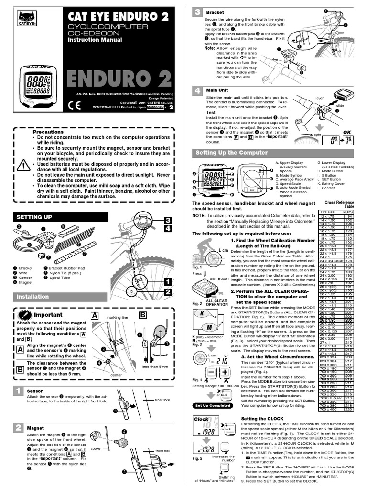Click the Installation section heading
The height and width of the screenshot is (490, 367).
click(x=33, y=297)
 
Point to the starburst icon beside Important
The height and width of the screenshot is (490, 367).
click(x=25, y=315)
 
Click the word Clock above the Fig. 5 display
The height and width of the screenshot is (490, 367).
click(x=201, y=419)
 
